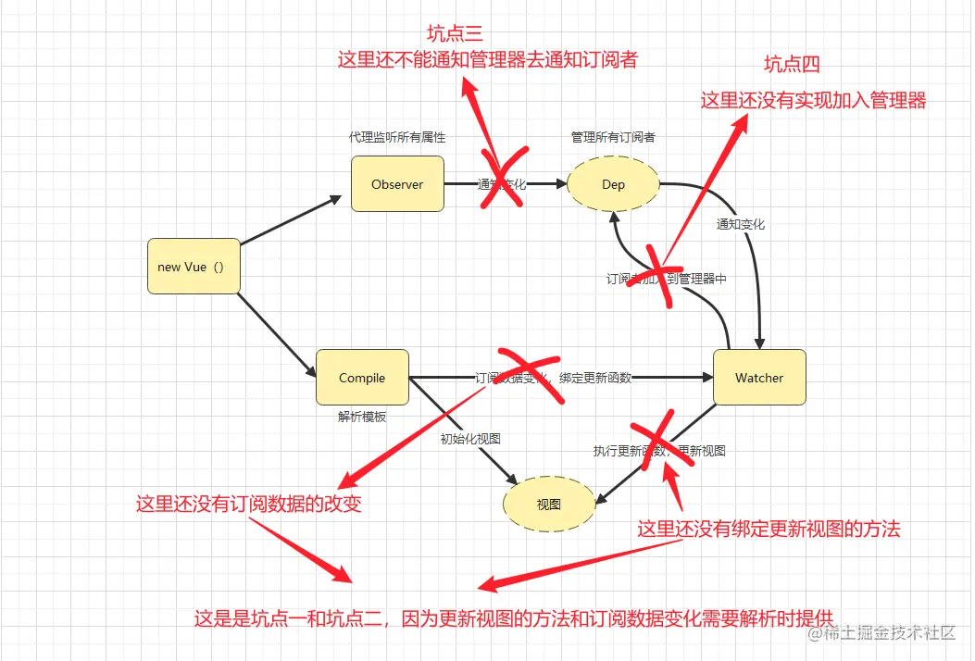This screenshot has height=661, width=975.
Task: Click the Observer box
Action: click(397, 184)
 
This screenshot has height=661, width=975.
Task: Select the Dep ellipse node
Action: click(613, 184)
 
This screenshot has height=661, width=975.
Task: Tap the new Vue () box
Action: click(193, 267)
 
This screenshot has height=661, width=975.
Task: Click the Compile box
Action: click(362, 378)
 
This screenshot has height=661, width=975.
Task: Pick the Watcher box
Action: click(759, 378)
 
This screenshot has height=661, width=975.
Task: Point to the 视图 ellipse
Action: click(548, 505)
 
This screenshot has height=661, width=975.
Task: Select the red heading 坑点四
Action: click(792, 64)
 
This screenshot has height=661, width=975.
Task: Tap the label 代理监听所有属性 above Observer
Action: click(397, 137)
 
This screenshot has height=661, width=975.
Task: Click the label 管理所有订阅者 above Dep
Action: click(613, 137)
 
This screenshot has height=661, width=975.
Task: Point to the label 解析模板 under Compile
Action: click(362, 417)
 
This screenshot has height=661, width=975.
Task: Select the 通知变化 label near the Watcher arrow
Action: click(740, 224)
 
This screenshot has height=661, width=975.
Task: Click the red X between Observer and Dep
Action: click(503, 177)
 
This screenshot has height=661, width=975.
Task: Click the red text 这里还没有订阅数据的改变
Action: click(248, 505)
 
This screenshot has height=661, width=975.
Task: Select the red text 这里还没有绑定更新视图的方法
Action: click(769, 529)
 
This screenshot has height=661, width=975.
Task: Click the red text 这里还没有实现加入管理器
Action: click(813, 100)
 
